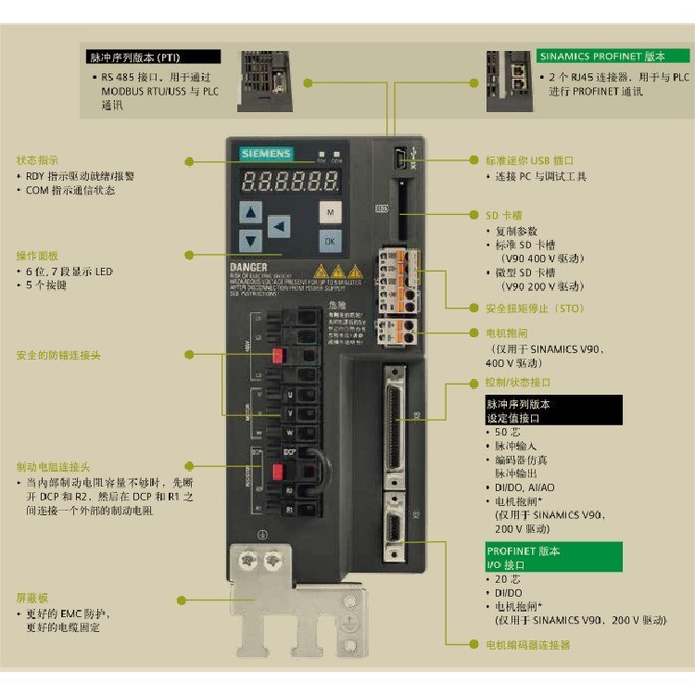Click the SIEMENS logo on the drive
tap(266, 154)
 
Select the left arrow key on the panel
tap(277, 226)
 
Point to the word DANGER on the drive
tap(250, 268)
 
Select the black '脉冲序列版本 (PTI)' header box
tap(154, 57)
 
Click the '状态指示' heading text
tap(37, 160)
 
